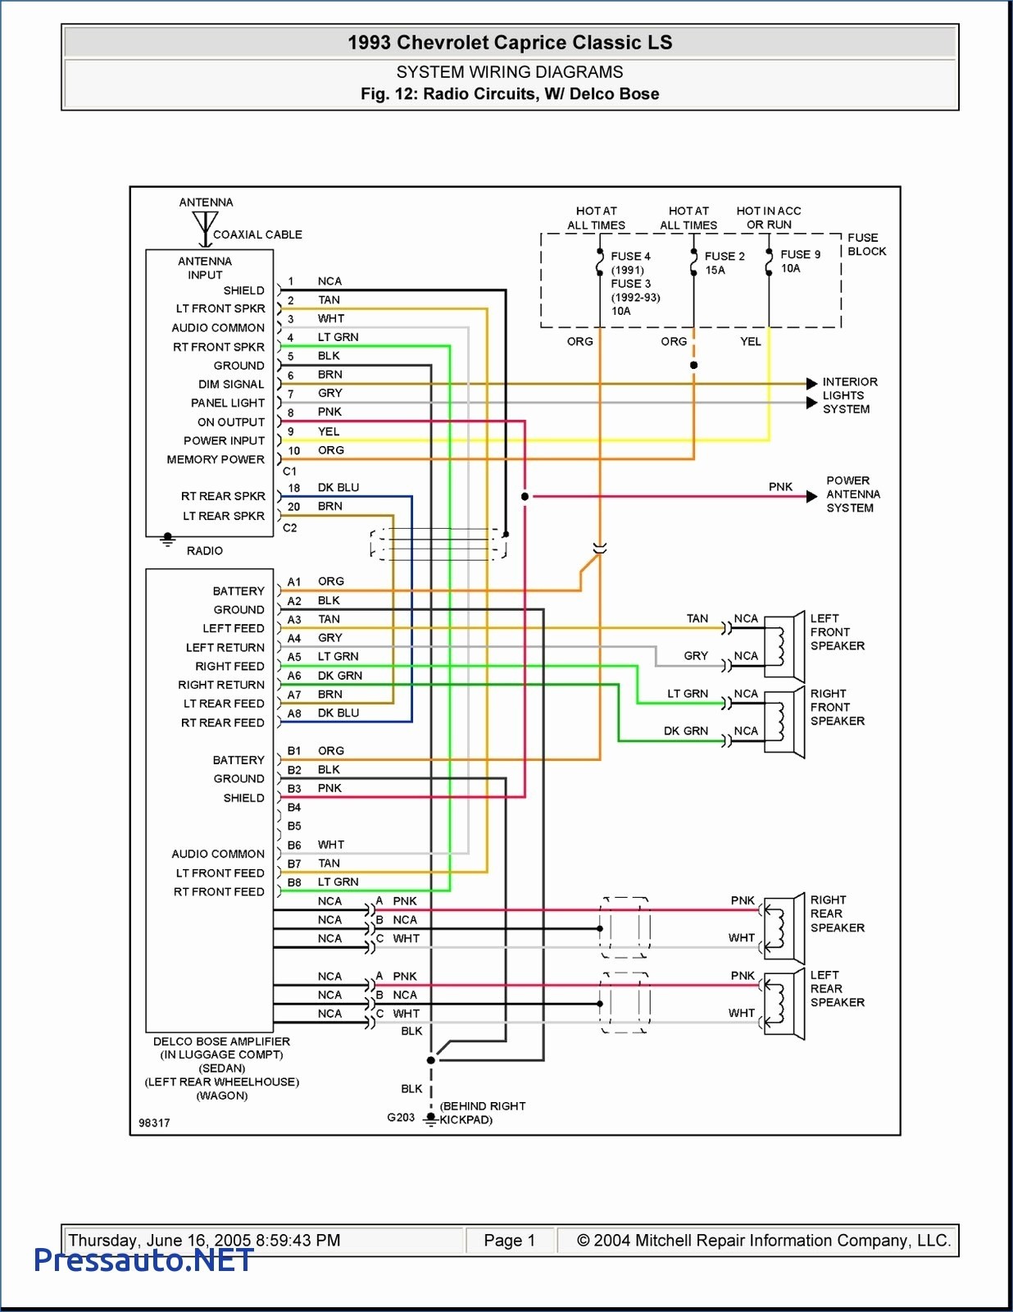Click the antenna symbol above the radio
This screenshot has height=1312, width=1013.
click(x=205, y=228)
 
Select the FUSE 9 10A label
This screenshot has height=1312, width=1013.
click(x=800, y=262)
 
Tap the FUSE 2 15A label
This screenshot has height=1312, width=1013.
click(x=724, y=262)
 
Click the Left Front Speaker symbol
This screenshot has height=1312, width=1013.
click(x=784, y=646)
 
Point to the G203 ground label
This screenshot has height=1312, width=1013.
click(x=401, y=1118)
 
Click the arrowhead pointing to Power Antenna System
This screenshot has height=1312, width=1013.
click(x=811, y=496)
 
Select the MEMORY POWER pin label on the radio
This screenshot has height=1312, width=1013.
click(x=216, y=459)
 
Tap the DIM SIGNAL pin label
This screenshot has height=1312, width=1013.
click(x=231, y=384)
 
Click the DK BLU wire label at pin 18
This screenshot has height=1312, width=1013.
click(x=338, y=487)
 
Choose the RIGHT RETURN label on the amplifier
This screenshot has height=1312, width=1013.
click(x=220, y=685)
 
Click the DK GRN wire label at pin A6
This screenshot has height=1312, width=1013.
click(x=339, y=675)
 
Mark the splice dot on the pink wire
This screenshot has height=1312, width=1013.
click(x=525, y=496)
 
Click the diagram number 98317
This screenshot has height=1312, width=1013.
click(x=154, y=1123)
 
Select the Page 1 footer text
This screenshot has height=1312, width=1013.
click(x=509, y=1240)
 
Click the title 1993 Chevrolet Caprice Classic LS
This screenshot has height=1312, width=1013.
click(x=510, y=43)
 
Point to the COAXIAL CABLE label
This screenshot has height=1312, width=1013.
click(x=257, y=235)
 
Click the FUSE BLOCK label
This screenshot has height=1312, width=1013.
click(x=866, y=244)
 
